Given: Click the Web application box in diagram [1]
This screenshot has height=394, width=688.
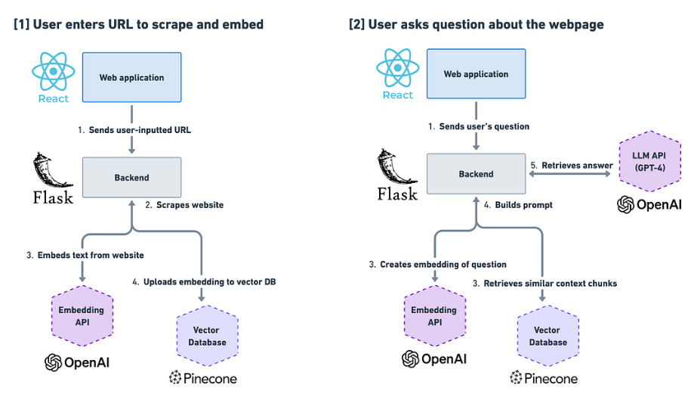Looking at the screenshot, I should click(131, 77).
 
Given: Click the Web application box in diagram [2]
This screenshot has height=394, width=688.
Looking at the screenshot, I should click(476, 74).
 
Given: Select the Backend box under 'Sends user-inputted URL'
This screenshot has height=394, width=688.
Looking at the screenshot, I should click(131, 178).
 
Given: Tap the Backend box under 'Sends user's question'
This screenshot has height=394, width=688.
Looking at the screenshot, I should click(476, 174).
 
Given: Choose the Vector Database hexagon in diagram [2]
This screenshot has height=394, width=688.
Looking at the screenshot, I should click(547, 336).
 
